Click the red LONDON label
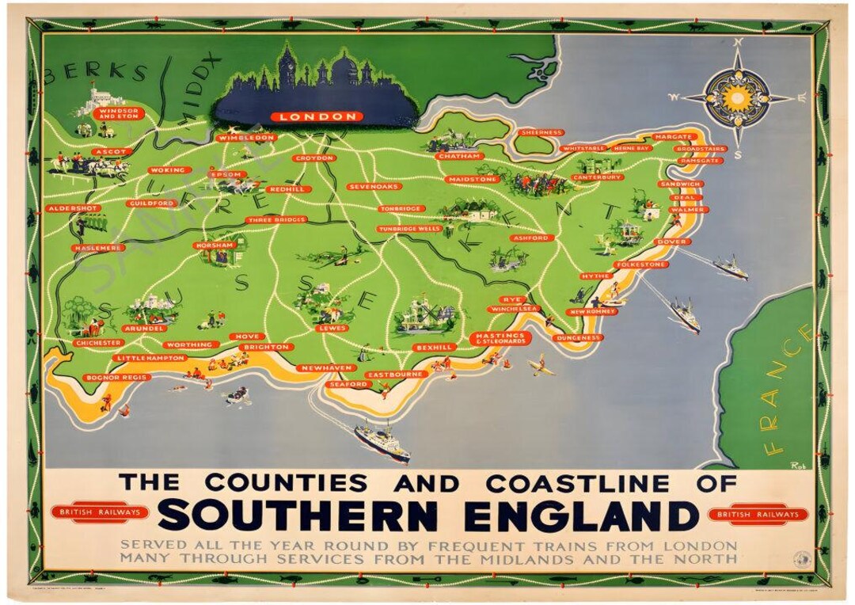click(x=317, y=116)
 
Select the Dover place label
click(x=673, y=242)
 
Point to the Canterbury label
click(x=598, y=177)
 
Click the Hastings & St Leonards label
click(x=500, y=338)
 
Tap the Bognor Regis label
click(x=116, y=378)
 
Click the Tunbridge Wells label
click(x=408, y=228)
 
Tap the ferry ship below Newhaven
click(x=382, y=441)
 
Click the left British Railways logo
click(x=100, y=512)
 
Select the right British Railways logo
click(x=758, y=515)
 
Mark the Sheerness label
click(x=542, y=132)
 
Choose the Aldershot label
click(x=74, y=208)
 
